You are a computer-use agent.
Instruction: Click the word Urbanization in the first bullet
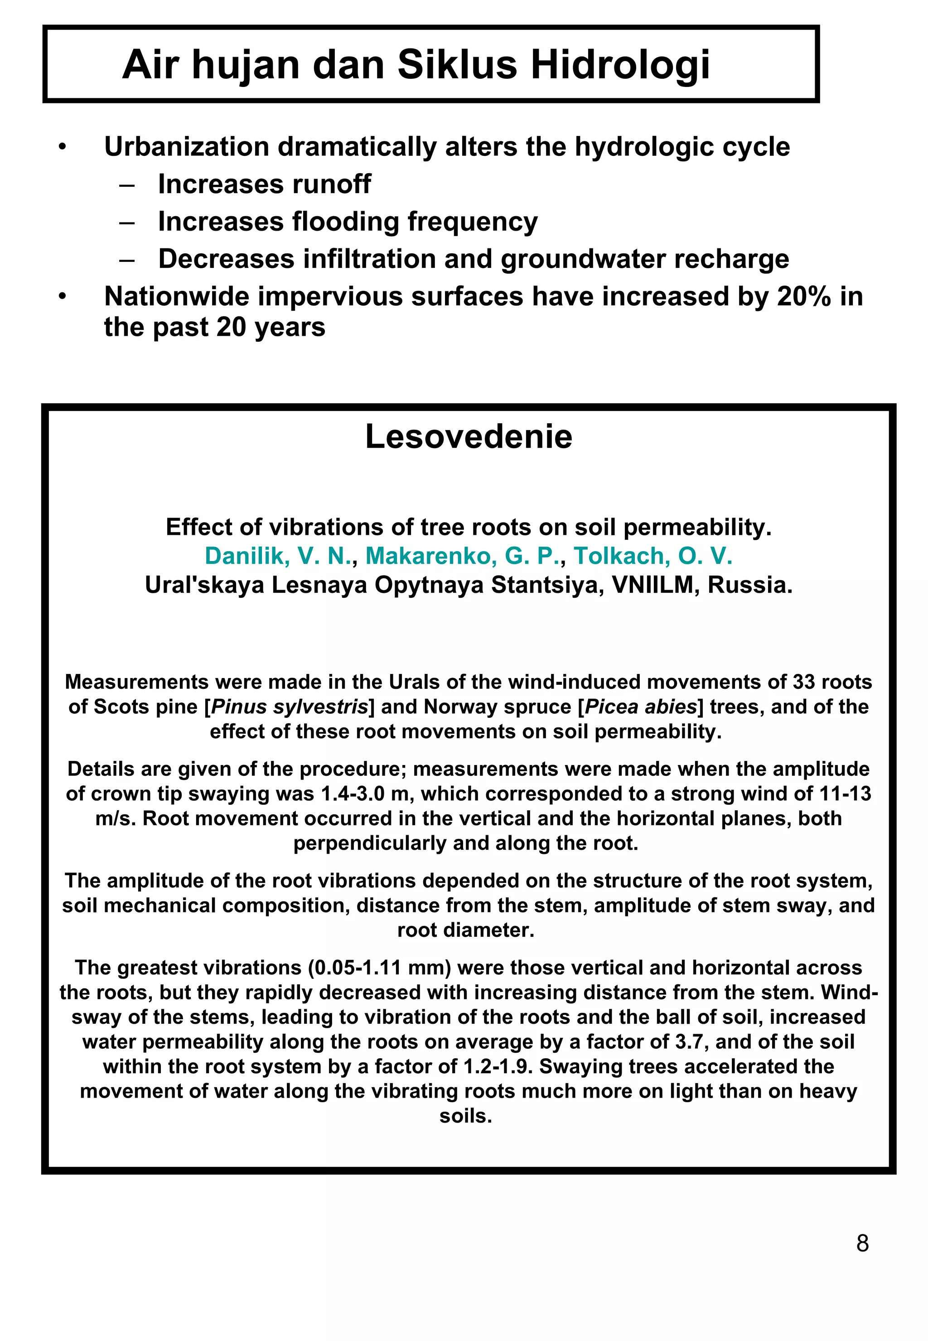click(x=186, y=147)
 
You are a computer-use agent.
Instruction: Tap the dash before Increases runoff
click(x=127, y=185)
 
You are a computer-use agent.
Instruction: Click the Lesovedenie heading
click(x=468, y=437)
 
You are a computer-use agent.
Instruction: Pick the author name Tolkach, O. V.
click(x=652, y=557)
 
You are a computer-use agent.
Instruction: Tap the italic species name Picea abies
click(x=641, y=707)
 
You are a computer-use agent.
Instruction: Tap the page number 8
click(x=862, y=1244)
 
